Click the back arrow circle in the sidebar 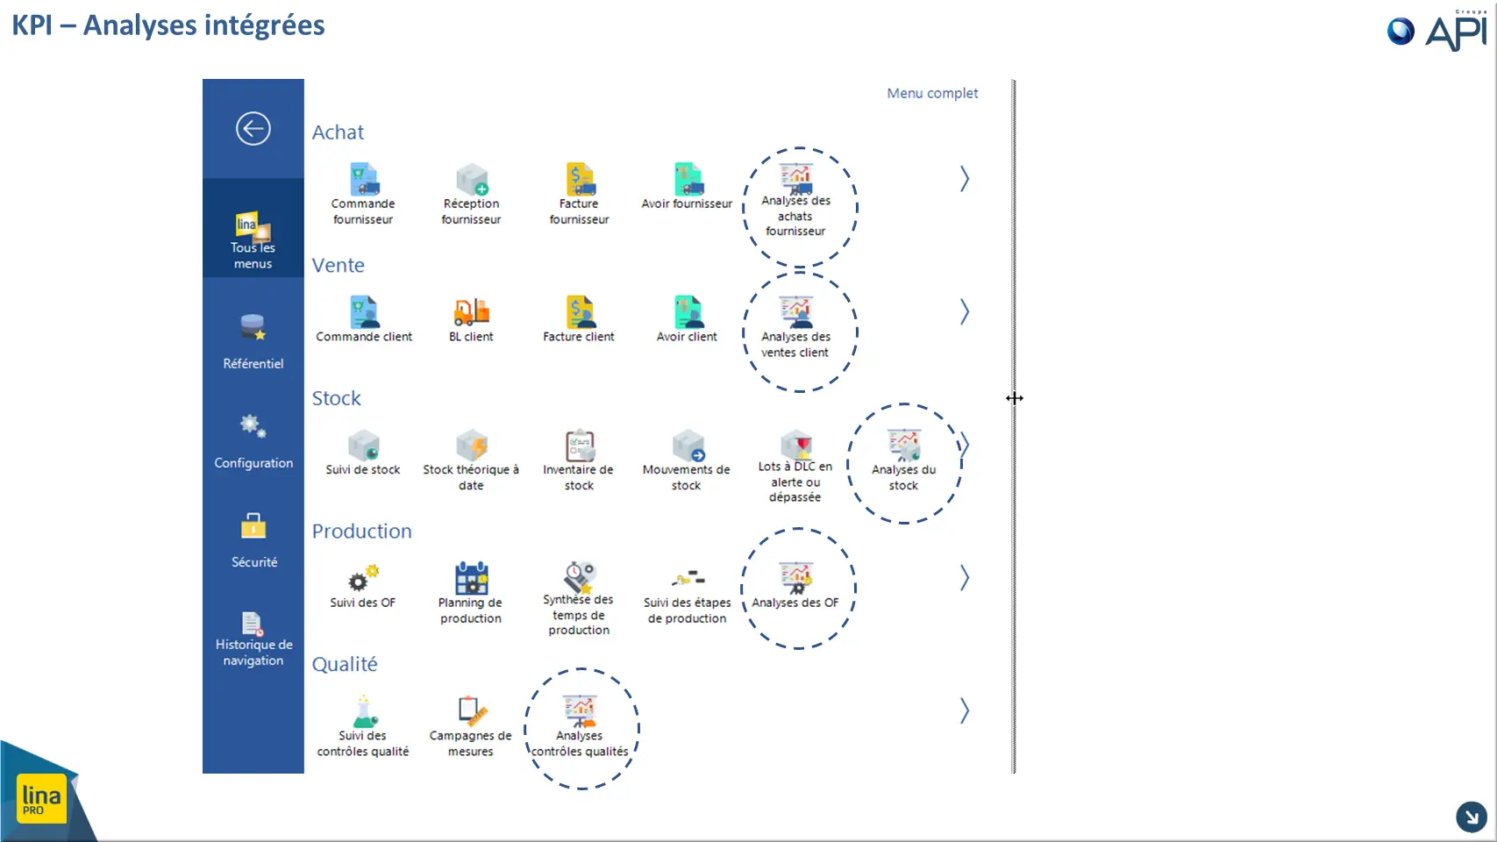click(x=253, y=128)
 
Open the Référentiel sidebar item click(x=253, y=341)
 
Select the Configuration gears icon click(x=253, y=425)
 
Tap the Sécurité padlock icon click(x=253, y=525)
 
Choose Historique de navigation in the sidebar click(x=253, y=639)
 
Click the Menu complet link click(x=932, y=94)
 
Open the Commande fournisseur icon click(x=364, y=179)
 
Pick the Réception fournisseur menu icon click(x=472, y=179)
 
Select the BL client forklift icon click(x=472, y=312)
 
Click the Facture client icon click(x=580, y=312)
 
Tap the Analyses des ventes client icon click(x=796, y=312)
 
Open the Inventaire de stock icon click(x=580, y=445)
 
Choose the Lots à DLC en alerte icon click(x=796, y=444)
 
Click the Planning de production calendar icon click(x=472, y=578)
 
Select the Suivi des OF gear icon click(x=363, y=578)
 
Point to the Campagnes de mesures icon click(x=472, y=711)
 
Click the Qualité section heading click(x=345, y=664)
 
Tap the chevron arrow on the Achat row click(x=965, y=179)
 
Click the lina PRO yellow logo click(x=41, y=798)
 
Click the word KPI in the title click(x=32, y=25)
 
